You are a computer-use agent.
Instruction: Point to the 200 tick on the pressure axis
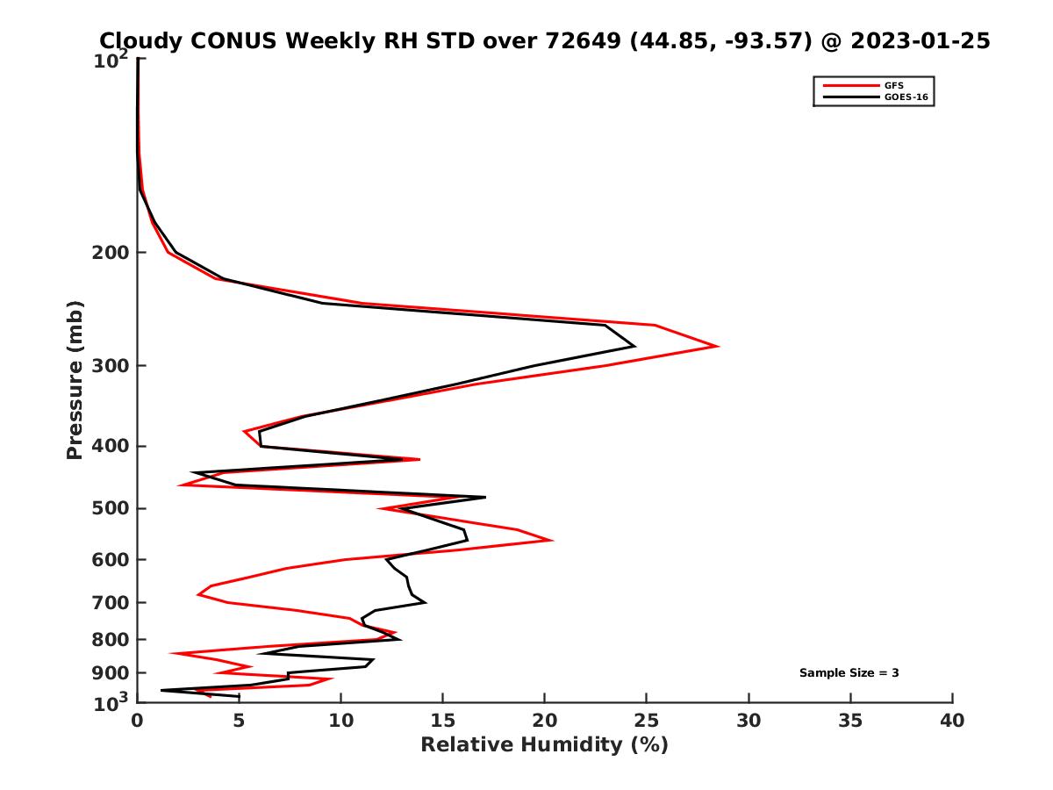[x=114, y=253]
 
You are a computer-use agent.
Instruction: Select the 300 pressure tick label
[x=114, y=366]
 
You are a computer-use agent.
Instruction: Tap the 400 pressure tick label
[x=114, y=446]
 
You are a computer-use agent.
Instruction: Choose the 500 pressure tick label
[x=114, y=509]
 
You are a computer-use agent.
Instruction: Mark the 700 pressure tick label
[x=114, y=603]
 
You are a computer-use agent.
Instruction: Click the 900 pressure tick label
[x=114, y=673]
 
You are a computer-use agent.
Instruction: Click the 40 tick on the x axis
[x=952, y=722]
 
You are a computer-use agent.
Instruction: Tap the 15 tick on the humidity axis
[x=443, y=722]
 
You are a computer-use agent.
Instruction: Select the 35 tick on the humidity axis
[x=850, y=722]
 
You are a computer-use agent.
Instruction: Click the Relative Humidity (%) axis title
[x=544, y=745]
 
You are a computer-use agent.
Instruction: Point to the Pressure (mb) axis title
[x=75, y=379]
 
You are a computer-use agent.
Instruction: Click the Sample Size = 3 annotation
[x=849, y=673]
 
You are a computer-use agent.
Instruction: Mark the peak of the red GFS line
[x=718, y=346]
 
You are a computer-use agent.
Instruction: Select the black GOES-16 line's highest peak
[x=634, y=346]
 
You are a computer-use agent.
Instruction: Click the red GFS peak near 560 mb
[x=552, y=540]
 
